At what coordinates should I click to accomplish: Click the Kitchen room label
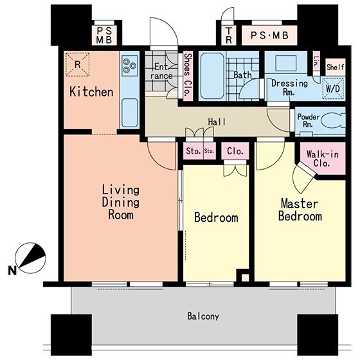point(91,91)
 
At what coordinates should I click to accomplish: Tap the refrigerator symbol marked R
point(78,64)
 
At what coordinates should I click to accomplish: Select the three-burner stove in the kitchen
point(129,65)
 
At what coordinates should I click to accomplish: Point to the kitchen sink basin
point(130,113)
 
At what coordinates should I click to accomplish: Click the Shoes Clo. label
point(188,75)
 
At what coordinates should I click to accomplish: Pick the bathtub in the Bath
point(212,76)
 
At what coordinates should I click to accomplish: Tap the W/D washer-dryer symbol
point(333,89)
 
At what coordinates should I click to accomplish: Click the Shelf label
point(335,67)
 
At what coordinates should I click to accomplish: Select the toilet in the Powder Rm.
point(333,121)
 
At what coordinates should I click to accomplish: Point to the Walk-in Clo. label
point(322,159)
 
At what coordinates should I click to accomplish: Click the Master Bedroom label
point(300,210)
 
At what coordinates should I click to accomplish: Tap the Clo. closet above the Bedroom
point(235,151)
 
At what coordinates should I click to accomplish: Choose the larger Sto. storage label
point(194,151)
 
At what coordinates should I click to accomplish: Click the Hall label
point(217,122)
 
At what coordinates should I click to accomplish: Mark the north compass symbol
point(30,258)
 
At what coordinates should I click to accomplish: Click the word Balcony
point(203,316)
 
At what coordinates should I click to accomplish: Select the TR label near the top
point(229,35)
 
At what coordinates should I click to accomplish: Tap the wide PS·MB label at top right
point(269,35)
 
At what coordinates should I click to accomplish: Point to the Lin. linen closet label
point(316,62)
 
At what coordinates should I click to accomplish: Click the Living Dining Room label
point(121,203)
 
